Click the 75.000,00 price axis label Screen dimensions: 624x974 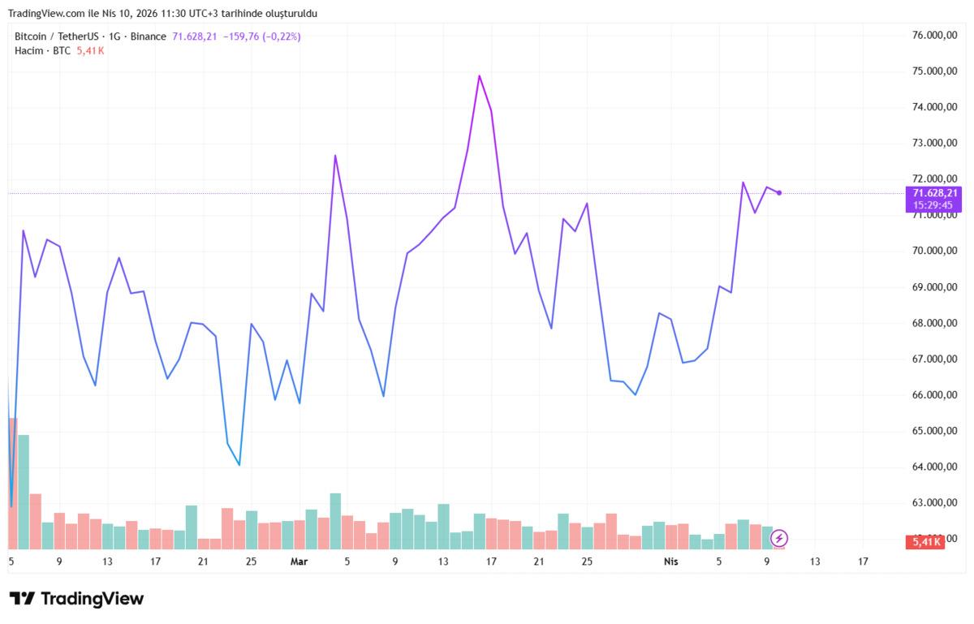point(933,71)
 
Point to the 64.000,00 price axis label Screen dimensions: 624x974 point(933,467)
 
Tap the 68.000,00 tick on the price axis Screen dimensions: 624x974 point(933,323)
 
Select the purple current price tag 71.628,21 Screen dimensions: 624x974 point(935,193)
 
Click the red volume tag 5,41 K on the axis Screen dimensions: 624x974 point(925,541)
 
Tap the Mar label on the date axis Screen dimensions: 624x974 point(300,562)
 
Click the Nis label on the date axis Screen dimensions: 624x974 point(670,562)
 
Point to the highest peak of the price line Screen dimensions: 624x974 point(479,75)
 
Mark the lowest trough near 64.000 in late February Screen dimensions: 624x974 point(239,465)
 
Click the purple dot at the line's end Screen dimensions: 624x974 point(779,192)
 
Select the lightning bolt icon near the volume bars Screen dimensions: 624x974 point(779,538)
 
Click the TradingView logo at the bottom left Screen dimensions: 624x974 point(76,599)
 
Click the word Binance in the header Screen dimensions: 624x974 point(148,37)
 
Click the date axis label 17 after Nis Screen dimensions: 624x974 point(862,562)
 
